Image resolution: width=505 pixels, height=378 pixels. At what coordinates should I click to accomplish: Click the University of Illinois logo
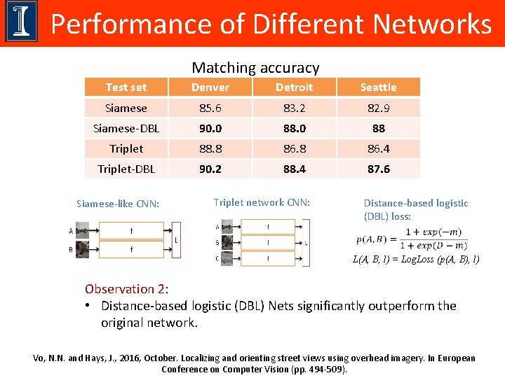pos(22,22)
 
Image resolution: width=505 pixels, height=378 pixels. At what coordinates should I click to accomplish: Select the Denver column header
pos(210,87)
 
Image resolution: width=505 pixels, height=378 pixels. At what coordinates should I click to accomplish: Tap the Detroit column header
pos(294,87)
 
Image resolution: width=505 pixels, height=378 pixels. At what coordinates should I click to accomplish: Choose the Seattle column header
pos(378,87)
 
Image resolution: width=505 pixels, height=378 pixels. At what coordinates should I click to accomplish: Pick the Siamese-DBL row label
pos(126,128)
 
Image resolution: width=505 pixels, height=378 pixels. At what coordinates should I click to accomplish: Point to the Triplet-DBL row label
pos(126,169)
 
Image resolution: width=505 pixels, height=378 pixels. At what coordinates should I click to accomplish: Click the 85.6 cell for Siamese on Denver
pos(210,108)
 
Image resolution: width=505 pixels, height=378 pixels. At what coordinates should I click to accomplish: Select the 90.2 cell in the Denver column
pos(210,169)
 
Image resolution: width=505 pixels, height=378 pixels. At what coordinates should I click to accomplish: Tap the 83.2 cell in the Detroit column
pos(294,108)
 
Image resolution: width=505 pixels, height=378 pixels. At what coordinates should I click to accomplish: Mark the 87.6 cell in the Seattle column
pos(378,169)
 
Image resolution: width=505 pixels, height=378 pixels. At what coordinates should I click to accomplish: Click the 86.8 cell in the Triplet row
pos(294,148)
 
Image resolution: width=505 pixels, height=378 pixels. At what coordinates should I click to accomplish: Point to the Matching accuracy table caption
pos(255,68)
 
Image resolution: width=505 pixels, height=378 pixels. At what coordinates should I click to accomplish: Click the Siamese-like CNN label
pos(118,204)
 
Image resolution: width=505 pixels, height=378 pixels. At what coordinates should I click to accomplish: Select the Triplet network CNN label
pos(262,202)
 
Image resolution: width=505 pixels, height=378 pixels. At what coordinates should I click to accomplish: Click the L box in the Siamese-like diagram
pos(175,240)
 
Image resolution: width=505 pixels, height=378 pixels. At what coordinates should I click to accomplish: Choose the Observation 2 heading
pos(126,288)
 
